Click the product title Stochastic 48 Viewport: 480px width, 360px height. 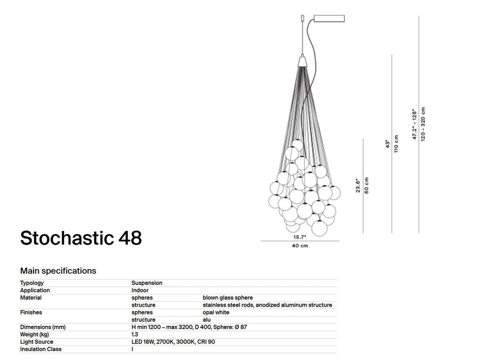tap(81, 238)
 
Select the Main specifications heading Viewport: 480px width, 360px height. tap(58, 271)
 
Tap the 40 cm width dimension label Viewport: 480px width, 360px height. tap(300, 246)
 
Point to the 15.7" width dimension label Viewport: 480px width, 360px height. tap(300, 237)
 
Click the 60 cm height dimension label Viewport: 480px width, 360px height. tap(367, 185)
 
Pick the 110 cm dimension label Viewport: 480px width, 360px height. tap(397, 143)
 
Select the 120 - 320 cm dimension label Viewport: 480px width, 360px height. tap(423, 124)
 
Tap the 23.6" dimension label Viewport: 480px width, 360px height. tap(358, 185)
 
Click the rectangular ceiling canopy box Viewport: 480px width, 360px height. tap(329, 18)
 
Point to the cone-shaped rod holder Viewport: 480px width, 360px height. tap(303, 61)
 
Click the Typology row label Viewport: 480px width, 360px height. tap(32, 283)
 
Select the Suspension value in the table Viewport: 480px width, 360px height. tap(147, 283)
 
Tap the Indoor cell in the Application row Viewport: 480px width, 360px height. tap(140, 290)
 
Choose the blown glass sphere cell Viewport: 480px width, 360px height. tap(227, 298)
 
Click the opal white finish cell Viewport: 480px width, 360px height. tap(216, 312)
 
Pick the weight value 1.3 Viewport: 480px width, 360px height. tap(135, 334)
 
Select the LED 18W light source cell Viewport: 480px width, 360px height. tap(173, 342)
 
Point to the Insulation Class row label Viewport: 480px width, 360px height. tap(41, 349)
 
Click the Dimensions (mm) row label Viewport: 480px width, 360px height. tap(43, 327)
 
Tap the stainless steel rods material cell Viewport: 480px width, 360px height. tap(267, 305)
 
